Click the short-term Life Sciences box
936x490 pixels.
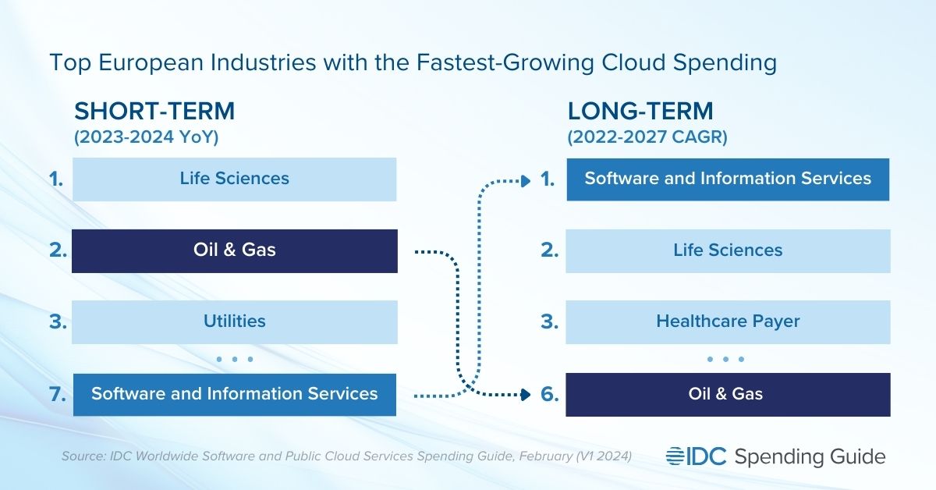tap(234, 179)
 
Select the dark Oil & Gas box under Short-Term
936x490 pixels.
tap(234, 250)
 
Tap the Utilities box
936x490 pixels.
tap(234, 321)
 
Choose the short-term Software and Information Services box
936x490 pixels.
tap(234, 394)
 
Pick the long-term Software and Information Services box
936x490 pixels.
tap(728, 179)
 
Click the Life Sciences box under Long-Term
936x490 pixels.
tap(728, 250)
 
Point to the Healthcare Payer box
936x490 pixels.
tap(728, 321)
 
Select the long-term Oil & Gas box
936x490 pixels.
tap(728, 394)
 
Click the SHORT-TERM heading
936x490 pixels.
tap(154, 112)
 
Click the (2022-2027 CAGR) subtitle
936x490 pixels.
tap(647, 137)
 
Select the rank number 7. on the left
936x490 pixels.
tap(57, 394)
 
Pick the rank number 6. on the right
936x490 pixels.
tap(550, 394)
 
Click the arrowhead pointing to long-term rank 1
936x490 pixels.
tap(525, 181)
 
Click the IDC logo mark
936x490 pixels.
tap(697, 456)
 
